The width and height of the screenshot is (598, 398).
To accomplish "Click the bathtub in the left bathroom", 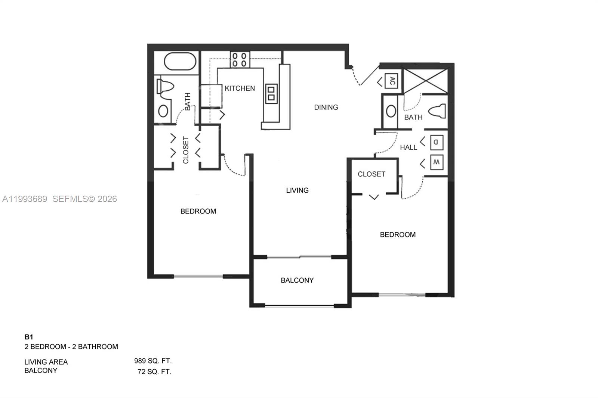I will click(180, 62).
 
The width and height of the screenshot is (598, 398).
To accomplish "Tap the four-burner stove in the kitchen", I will click(240, 60).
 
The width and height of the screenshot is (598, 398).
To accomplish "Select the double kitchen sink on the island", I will click(271, 93).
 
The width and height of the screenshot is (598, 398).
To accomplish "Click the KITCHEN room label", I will click(240, 88).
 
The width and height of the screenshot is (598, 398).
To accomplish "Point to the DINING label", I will click(326, 108).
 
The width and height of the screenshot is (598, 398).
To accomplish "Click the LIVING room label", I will click(297, 190).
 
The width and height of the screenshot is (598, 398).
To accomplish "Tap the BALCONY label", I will click(297, 280).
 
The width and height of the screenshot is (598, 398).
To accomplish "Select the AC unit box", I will click(391, 81).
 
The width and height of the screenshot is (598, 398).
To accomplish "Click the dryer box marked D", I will click(436, 142).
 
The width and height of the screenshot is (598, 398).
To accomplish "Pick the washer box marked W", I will click(436, 162).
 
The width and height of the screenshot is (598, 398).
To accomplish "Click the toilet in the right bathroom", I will click(437, 111).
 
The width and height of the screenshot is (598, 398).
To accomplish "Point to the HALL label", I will click(408, 147).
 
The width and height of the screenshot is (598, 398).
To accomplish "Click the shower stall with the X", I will click(426, 81).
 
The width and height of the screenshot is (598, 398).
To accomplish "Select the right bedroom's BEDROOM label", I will click(398, 235).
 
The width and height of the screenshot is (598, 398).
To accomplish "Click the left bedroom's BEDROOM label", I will click(198, 211).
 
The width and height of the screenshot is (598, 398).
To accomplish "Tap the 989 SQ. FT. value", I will click(153, 361).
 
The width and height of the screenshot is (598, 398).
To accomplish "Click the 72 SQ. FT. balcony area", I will click(154, 372).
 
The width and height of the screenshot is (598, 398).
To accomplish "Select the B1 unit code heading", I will click(29, 337).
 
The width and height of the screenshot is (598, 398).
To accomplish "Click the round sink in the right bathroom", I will click(391, 111).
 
